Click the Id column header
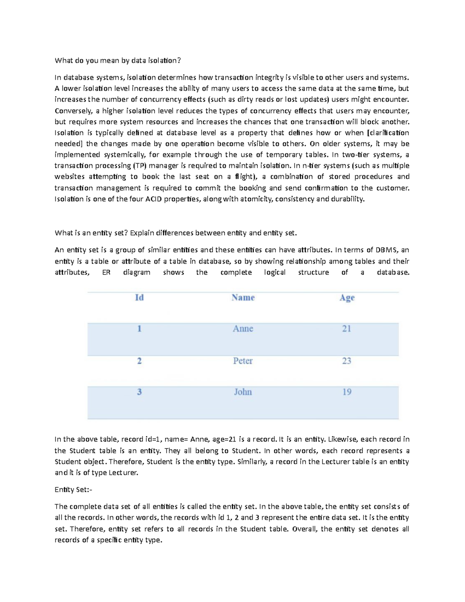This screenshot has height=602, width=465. tap(139, 298)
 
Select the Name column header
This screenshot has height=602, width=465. tap(243, 298)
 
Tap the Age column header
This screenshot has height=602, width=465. tap(347, 298)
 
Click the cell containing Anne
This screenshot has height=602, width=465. tap(243, 329)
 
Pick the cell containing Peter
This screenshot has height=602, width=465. tap(243, 361)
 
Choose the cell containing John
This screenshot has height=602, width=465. tap(243, 392)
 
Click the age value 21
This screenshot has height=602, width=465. tap(346, 329)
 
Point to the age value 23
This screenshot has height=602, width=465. tap(346, 361)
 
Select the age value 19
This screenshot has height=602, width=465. tap(346, 392)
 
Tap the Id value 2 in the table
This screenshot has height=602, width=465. tap(139, 361)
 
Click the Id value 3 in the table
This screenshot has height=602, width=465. tap(139, 392)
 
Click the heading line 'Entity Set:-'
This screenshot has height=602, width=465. tap(74, 490)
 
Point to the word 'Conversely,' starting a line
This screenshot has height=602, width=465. tap(74, 111)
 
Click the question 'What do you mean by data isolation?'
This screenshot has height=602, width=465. tap(118, 60)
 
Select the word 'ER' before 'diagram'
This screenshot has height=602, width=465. tap(106, 273)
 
